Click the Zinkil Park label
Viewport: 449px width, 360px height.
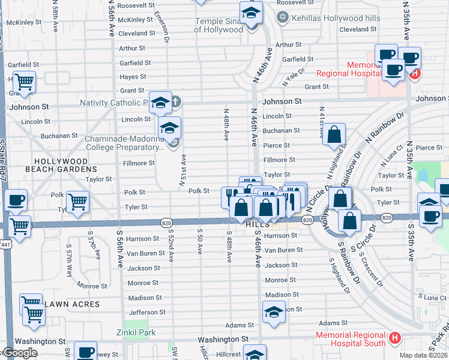click(136, 332)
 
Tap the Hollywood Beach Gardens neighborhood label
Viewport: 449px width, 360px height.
click(61, 166)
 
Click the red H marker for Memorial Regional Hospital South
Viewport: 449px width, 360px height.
click(395, 338)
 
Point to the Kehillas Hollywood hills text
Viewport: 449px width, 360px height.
click(336, 18)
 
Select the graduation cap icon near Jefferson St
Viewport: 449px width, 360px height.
click(274, 312)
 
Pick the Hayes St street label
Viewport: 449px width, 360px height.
click(133, 77)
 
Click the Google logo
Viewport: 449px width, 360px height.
click(20, 353)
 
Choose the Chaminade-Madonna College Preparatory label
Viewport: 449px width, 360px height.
click(123, 142)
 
